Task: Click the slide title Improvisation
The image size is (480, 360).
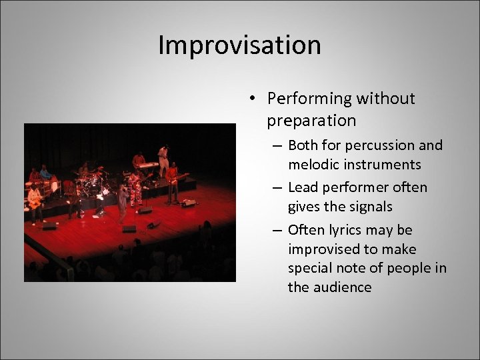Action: tap(239, 45)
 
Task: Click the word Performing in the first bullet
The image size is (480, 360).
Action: tap(309, 99)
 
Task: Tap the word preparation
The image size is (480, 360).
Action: tap(311, 121)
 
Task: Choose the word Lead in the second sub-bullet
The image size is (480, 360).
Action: tap(303, 187)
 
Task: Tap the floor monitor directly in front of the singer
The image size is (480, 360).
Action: tap(129, 229)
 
